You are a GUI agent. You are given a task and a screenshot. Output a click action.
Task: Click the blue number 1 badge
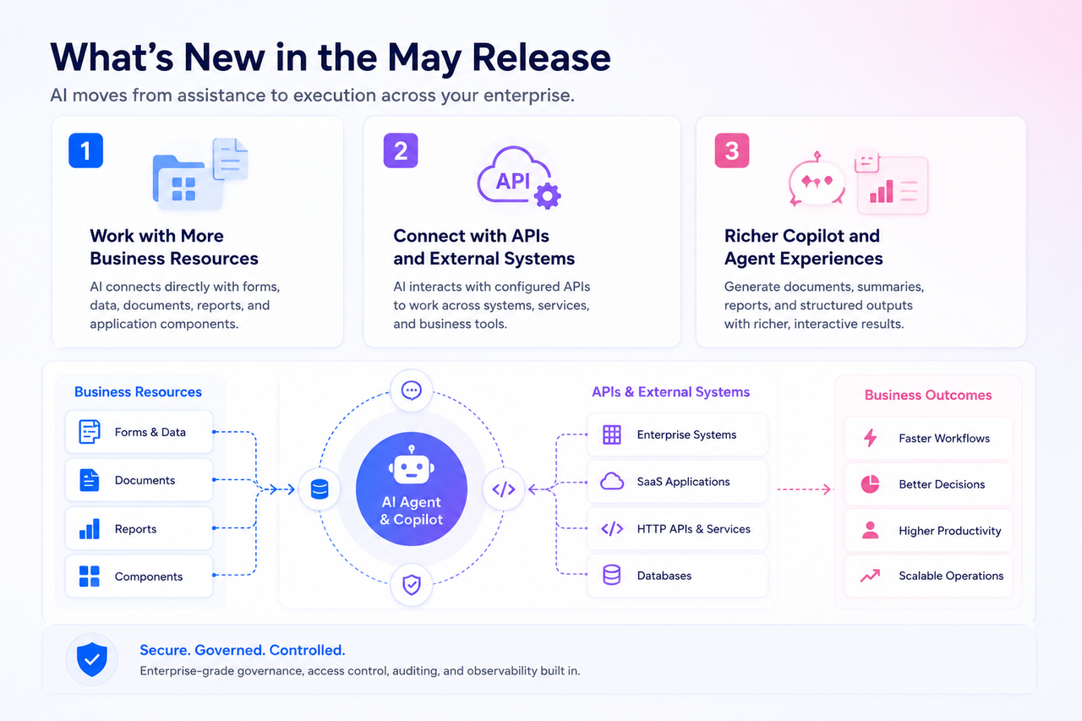pyautogui.click(x=85, y=150)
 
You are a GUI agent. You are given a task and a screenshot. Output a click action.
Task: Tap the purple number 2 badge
pyautogui.click(x=401, y=150)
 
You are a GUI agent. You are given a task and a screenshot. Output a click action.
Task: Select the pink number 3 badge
pyautogui.click(x=732, y=150)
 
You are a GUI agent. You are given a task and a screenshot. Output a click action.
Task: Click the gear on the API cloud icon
pyautogui.click(x=548, y=196)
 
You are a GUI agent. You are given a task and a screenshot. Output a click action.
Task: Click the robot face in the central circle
pyautogui.click(x=411, y=466)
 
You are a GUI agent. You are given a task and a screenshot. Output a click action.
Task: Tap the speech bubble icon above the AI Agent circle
pyautogui.click(x=411, y=391)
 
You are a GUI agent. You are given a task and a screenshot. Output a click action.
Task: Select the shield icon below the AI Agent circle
pyautogui.click(x=411, y=584)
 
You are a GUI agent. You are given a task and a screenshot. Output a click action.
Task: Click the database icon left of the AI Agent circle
pyautogui.click(x=320, y=489)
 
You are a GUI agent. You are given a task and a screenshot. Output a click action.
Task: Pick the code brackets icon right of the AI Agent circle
pyautogui.click(x=503, y=489)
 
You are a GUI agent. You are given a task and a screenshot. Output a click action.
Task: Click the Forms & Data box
pyautogui.click(x=139, y=432)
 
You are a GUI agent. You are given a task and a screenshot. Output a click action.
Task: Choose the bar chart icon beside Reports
pyautogui.click(x=90, y=528)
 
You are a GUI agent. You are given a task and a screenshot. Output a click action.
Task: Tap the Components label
pyautogui.click(x=148, y=576)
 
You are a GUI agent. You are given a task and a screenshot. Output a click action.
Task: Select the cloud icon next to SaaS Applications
pyautogui.click(x=611, y=482)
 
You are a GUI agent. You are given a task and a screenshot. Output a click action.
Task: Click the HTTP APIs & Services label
pyautogui.click(x=694, y=529)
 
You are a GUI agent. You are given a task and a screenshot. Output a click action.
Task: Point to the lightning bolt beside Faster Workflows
pyautogui.click(x=870, y=438)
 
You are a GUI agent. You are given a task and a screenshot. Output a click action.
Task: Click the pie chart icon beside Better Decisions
pyautogui.click(x=870, y=483)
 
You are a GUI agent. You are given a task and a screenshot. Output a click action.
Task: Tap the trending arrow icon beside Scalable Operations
pyautogui.click(x=870, y=575)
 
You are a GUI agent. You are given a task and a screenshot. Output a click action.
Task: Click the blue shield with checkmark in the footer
pyautogui.click(x=92, y=659)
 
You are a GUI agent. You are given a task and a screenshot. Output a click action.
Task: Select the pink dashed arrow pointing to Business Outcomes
pyautogui.click(x=804, y=489)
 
